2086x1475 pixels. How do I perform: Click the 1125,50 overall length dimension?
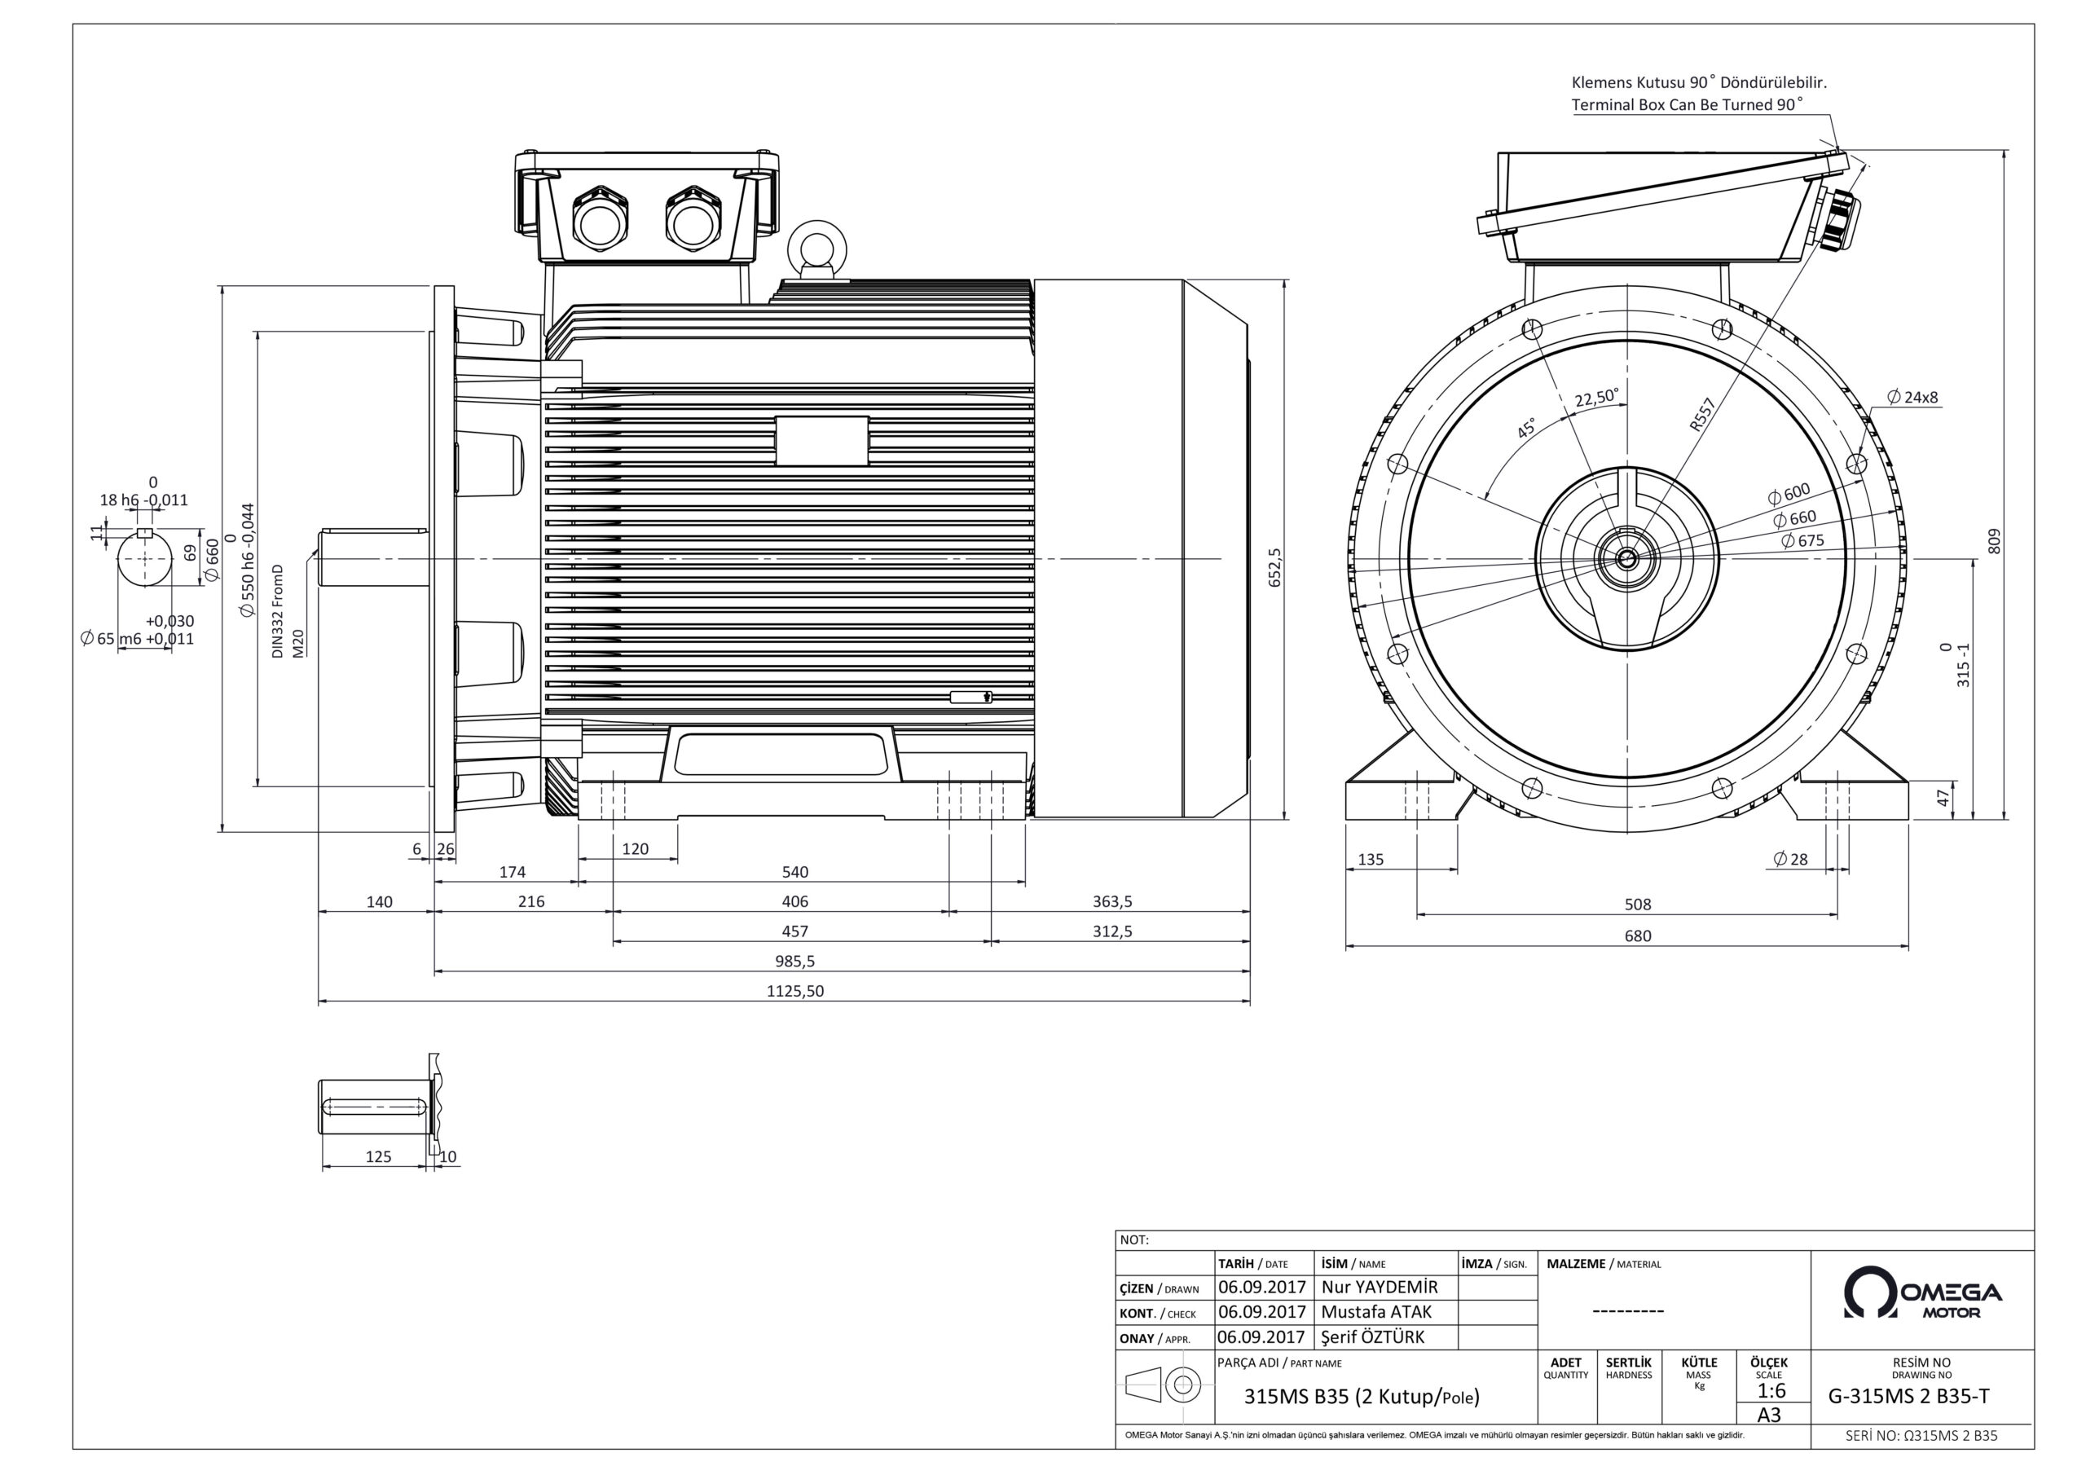(x=795, y=991)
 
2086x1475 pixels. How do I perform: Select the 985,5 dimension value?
(x=795, y=961)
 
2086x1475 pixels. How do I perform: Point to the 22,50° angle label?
(x=1596, y=398)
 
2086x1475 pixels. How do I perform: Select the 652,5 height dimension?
(x=1274, y=567)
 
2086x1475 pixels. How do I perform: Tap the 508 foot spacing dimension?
(x=1637, y=905)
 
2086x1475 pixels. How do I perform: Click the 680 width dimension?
(x=1637, y=936)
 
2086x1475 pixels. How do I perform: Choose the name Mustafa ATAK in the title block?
(x=1375, y=1311)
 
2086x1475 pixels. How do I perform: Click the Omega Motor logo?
(x=1921, y=1293)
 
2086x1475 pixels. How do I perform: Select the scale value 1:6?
(x=1771, y=1390)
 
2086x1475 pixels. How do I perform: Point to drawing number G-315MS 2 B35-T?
(x=1921, y=1397)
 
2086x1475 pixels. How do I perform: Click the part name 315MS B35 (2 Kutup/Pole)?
(x=1361, y=1397)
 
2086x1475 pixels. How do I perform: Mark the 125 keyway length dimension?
(x=378, y=1157)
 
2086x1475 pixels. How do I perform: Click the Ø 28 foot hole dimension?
(x=1790, y=859)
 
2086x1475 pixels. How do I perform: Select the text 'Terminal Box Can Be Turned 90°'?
(x=1686, y=104)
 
